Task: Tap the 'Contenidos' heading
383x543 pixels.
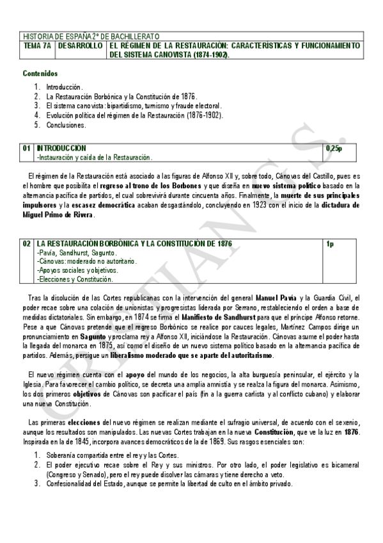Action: [x=40, y=74]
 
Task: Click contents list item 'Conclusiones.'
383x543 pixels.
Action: [x=66, y=125]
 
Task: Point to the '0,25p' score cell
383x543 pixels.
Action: [x=334, y=149]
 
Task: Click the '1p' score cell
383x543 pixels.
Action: [x=330, y=244]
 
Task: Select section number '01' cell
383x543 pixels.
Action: [x=27, y=149]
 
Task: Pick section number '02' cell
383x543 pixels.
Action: [x=27, y=244]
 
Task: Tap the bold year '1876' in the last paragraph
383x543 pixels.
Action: [x=351, y=433]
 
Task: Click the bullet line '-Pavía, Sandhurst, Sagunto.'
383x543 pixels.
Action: [x=72, y=253]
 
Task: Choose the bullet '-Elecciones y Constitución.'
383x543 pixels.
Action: [x=75, y=279]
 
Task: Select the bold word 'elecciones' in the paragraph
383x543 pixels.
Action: [x=82, y=423]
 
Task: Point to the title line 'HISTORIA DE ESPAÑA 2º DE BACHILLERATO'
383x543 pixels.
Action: [x=91, y=36]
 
